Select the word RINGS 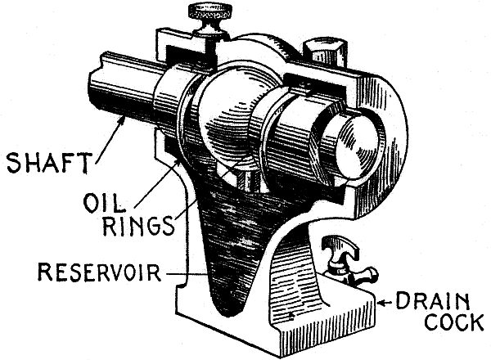pos(137,226)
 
